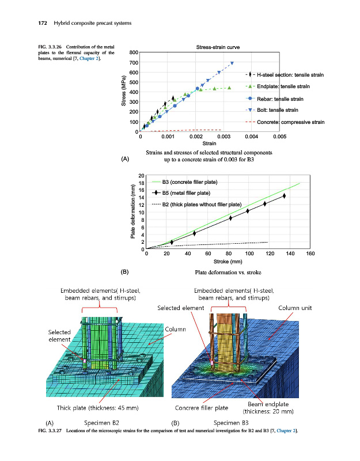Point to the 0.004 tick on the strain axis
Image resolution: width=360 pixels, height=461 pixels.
[251, 137]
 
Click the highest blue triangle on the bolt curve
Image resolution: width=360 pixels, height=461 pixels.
[232, 63]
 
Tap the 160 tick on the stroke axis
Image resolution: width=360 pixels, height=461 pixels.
[310, 254]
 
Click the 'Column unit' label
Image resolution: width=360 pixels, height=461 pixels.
[295, 308]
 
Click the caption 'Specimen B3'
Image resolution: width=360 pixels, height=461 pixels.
[230, 422]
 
